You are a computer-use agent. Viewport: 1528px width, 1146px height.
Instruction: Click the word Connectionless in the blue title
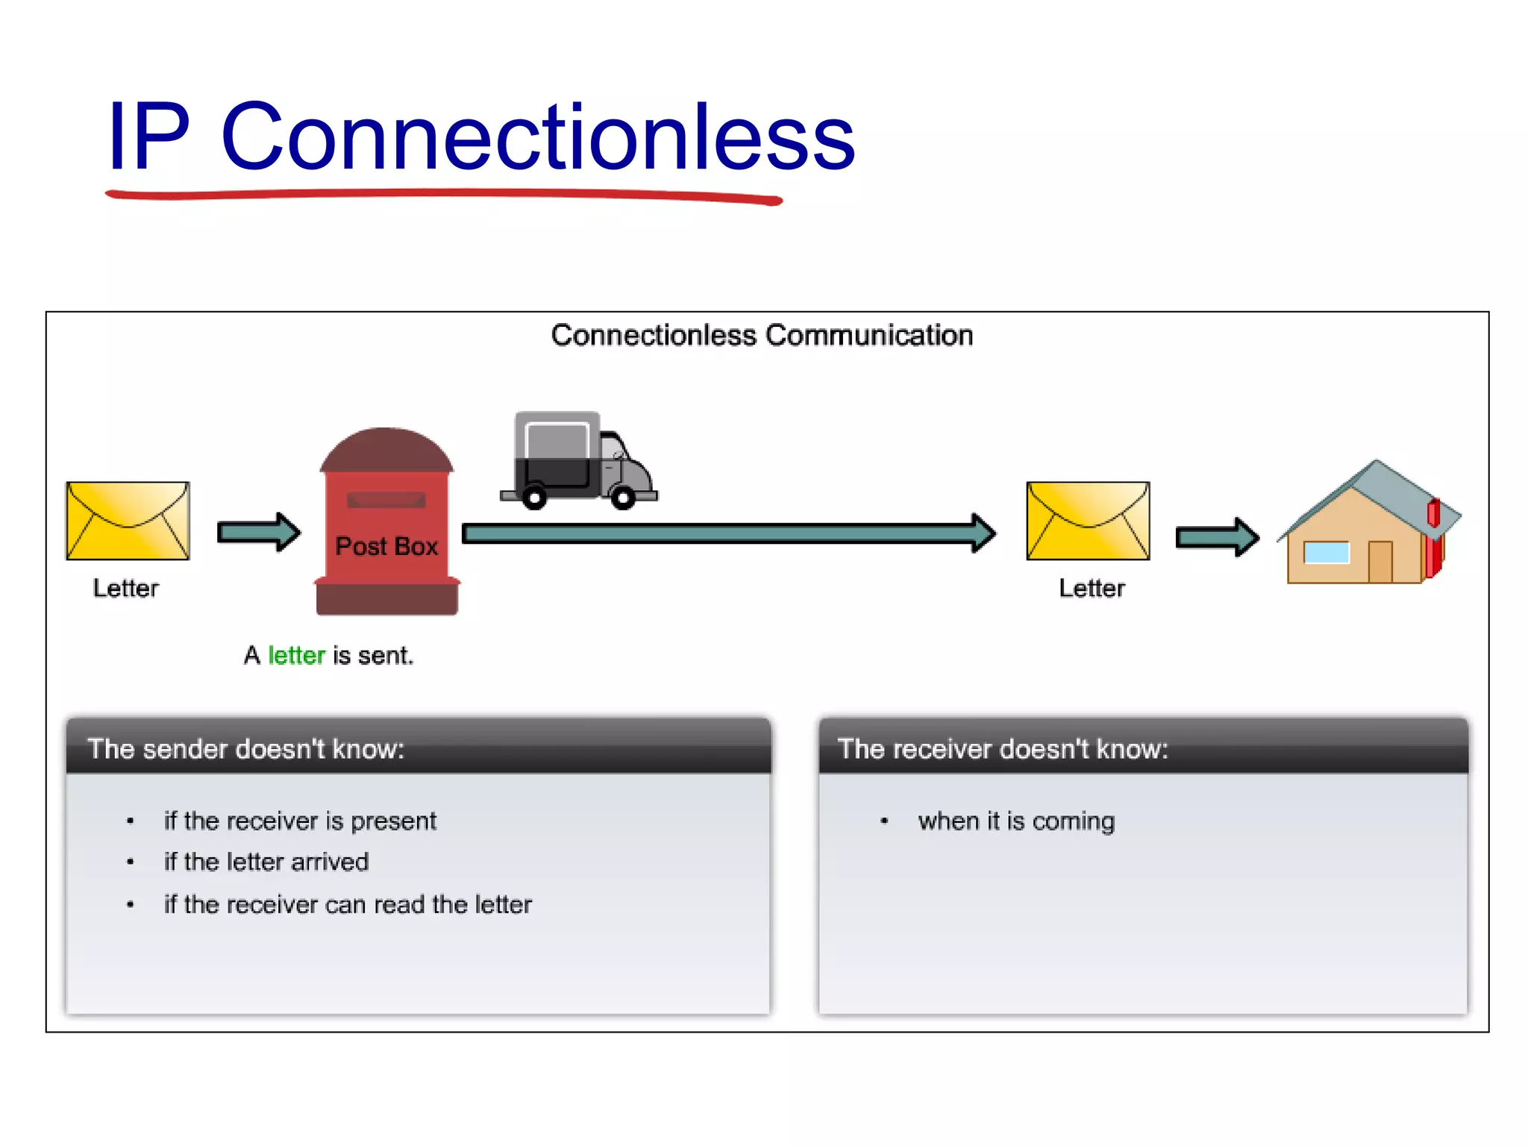pyautogui.click(x=537, y=137)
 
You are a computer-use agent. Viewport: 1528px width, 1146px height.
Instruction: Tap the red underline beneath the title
pyautogui.click(x=443, y=195)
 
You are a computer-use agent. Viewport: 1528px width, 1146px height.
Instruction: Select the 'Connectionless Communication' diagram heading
pyautogui.click(x=762, y=336)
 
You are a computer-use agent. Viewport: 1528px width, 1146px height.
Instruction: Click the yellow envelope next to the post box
pyautogui.click(x=128, y=521)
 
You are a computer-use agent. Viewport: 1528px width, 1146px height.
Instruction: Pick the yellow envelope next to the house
pyautogui.click(x=1088, y=521)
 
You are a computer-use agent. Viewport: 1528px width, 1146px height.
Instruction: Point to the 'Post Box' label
pyautogui.click(x=386, y=546)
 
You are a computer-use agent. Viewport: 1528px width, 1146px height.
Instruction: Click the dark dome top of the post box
pyautogui.click(x=386, y=450)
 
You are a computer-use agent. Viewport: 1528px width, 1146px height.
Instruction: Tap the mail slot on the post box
pyautogui.click(x=386, y=500)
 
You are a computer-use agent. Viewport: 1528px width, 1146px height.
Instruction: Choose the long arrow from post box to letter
pyautogui.click(x=727, y=533)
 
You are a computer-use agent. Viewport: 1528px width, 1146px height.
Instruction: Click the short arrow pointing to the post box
pyautogui.click(x=258, y=532)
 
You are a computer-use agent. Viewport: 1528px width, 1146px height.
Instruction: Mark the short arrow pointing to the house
pyautogui.click(x=1217, y=536)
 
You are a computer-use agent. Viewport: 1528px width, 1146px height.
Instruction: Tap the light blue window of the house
pyautogui.click(x=1326, y=553)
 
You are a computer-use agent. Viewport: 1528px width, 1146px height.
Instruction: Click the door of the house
pyautogui.click(x=1380, y=561)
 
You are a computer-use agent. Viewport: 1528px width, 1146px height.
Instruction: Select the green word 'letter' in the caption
pyautogui.click(x=296, y=655)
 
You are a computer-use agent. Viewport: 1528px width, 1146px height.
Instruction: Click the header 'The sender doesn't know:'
pyautogui.click(x=245, y=748)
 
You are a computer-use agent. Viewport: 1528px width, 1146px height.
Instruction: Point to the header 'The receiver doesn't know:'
pyautogui.click(x=1002, y=748)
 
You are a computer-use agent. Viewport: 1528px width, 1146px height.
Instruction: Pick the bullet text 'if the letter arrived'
pyautogui.click(x=266, y=862)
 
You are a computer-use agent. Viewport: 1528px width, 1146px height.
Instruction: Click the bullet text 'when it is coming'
pyautogui.click(x=1016, y=821)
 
